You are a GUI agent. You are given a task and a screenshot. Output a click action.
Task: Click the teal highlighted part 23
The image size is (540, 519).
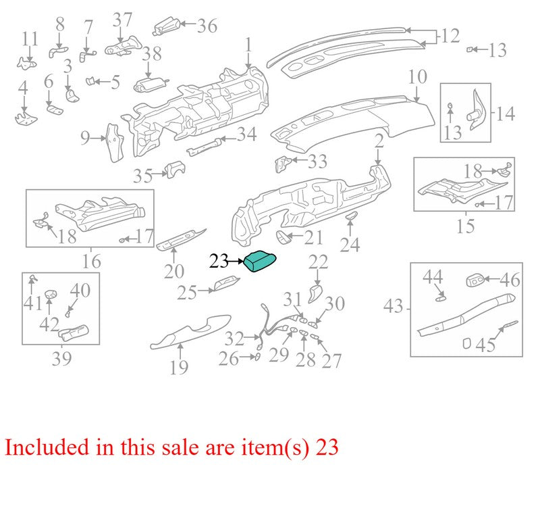coord(260,262)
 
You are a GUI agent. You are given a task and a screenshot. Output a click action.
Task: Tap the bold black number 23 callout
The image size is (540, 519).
coord(219,261)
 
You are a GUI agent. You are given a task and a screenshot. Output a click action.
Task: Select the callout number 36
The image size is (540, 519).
coord(207,26)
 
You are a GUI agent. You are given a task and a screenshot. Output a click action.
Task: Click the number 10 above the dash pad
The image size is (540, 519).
coord(417,77)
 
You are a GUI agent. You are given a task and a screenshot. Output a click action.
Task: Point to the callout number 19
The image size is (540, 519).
coord(179,367)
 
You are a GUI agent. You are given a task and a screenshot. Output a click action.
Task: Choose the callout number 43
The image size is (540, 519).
coord(393,306)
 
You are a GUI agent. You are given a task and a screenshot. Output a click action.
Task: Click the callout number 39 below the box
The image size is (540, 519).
coord(61,359)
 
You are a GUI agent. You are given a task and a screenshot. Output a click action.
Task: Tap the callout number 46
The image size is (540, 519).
coord(510,280)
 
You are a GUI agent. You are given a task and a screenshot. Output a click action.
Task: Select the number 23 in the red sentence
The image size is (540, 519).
coord(327,447)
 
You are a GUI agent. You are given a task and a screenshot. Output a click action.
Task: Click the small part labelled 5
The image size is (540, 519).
coord(90,81)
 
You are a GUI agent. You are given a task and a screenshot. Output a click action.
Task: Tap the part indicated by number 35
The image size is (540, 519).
coord(175,170)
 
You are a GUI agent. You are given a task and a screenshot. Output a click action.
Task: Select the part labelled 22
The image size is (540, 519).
coord(315,293)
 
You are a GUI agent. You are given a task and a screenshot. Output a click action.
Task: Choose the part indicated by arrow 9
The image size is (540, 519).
coord(115,142)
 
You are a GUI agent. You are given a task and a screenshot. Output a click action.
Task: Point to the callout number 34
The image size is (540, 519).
coord(246,134)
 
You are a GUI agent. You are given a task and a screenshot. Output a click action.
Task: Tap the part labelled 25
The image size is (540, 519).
coord(225,283)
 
